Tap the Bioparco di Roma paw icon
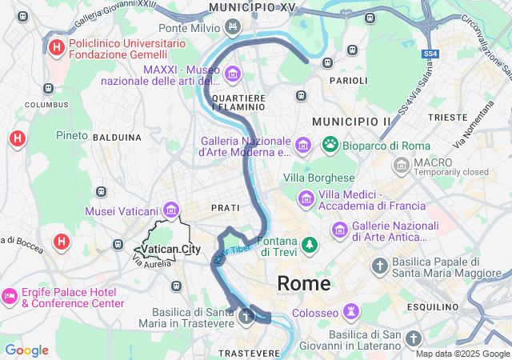coord(330,145)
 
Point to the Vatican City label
coord(170,250)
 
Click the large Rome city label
coord(303,283)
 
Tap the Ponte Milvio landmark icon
coord(232,28)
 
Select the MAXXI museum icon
coord(232,75)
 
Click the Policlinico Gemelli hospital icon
coord(56,48)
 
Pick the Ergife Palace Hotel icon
coord(10,297)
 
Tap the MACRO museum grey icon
coord(402,166)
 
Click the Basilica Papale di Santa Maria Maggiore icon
coord(379,266)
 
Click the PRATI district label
coord(225,207)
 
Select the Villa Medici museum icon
coord(306,197)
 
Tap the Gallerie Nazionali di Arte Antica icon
coord(339,230)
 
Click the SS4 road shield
coord(431,54)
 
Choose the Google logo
coord(26,350)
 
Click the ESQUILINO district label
coord(430,306)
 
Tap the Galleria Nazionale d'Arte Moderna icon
coord(302,145)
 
